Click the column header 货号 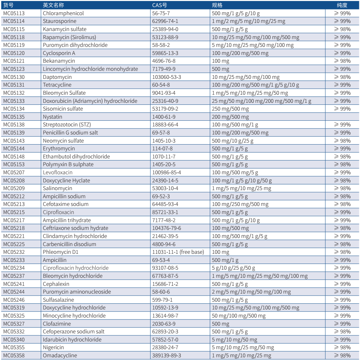(8, 5)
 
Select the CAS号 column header (159, 5)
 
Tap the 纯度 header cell (342, 5)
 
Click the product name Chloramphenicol (63, 13)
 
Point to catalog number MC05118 (14, 37)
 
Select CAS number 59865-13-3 (165, 53)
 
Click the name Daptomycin (57, 77)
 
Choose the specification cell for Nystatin (230, 117)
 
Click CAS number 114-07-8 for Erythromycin (162, 148)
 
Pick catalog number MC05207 (14, 172)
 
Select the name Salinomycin (57, 188)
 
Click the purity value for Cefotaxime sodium (342, 204)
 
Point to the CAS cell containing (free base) (178, 252)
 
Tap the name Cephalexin (56, 284)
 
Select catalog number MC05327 (14, 324)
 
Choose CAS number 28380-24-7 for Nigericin (165, 347)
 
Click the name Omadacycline (60, 355)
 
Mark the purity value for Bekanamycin (342, 61)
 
